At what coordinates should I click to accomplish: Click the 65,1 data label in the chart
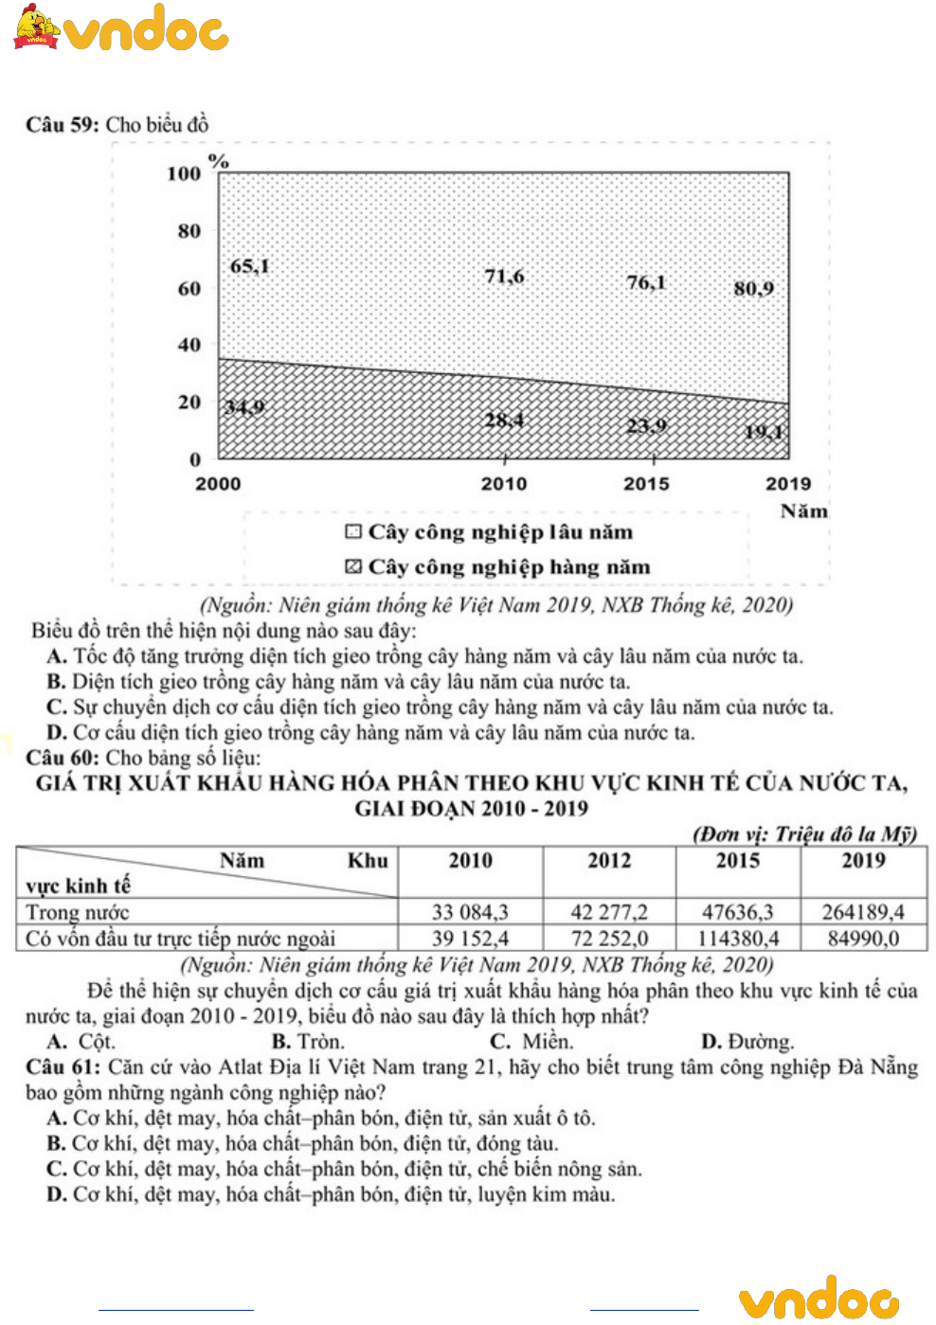[250, 266]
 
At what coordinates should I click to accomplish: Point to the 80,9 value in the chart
[753, 288]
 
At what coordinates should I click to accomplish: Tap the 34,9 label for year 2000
[244, 407]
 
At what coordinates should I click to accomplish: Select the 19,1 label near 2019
[764, 432]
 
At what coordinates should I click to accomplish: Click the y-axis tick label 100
[184, 173]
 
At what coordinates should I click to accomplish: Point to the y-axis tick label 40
[189, 345]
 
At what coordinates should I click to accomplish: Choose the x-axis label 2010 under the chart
[503, 484]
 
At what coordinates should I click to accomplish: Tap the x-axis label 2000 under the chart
[218, 484]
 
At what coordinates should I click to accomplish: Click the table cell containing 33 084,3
[470, 912]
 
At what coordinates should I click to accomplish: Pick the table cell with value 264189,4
[863, 912]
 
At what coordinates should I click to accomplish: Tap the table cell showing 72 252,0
[609, 939]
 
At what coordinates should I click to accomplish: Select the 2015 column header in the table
[737, 861]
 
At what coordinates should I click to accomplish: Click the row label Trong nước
[78, 912]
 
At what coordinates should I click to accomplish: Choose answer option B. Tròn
[308, 1042]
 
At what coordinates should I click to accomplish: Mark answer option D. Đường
[747, 1042]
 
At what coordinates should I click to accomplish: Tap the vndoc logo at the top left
[121, 28]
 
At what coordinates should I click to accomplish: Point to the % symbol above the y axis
[219, 161]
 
